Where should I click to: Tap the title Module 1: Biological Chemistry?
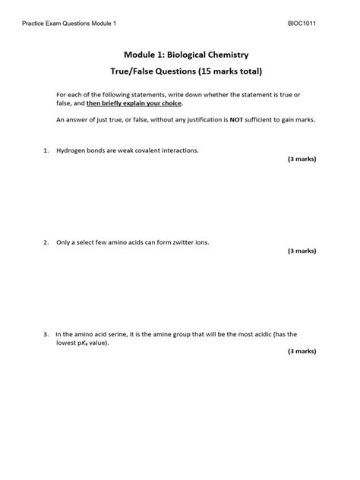click(180, 55)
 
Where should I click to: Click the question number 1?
click(46, 150)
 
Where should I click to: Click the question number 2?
click(46, 242)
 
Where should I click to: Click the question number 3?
click(46, 333)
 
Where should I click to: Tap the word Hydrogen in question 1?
click(70, 150)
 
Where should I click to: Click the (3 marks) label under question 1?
click(302, 159)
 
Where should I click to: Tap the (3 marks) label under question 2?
click(302, 251)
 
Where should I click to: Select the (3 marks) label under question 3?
click(302, 352)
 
